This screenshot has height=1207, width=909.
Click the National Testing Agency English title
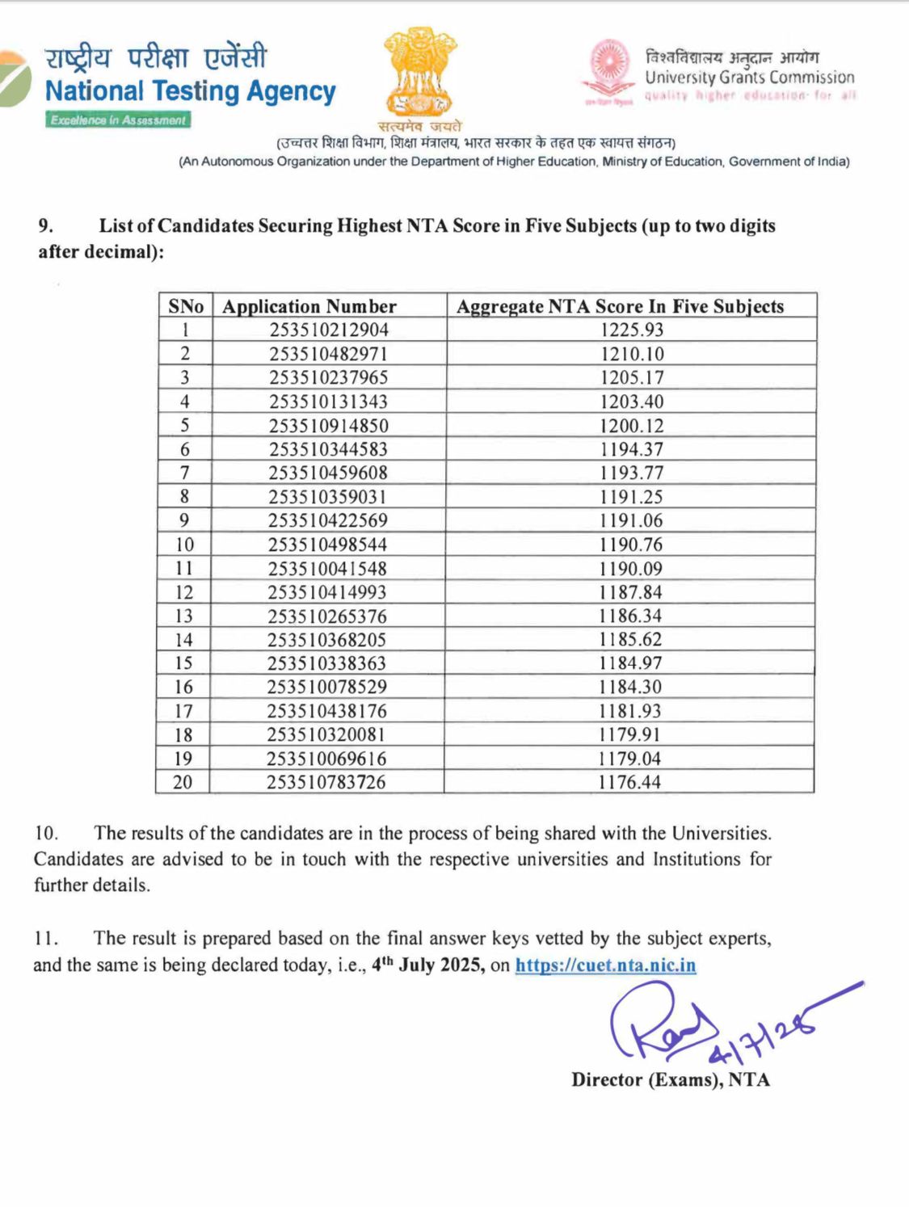coord(190,91)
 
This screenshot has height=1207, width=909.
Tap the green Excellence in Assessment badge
coord(118,120)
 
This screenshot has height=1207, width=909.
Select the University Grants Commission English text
coord(749,78)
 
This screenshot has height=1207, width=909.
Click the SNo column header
coord(185,306)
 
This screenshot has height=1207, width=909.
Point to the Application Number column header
coord(309,306)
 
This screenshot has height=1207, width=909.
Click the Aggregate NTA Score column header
coord(620,306)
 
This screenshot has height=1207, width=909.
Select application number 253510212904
coord(329,330)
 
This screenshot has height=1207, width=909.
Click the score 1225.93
coord(631,330)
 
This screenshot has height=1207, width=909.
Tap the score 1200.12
coord(631,425)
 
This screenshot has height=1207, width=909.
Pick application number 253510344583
coord(328,449)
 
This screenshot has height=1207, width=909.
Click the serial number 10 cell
coord(184,545)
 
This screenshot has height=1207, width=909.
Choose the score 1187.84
coord(630,592)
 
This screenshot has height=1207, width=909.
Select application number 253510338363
coord(326,663)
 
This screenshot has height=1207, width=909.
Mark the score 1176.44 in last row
coord(629,782)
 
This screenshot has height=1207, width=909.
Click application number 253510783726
coord(326,782)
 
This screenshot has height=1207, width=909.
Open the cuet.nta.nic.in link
coord(605,965)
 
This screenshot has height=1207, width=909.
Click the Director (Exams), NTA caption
coord(670,1080)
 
